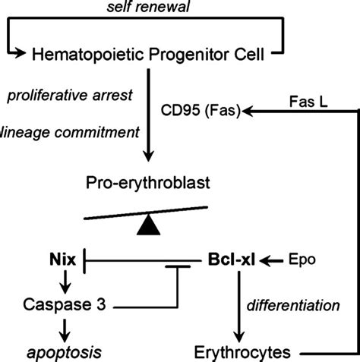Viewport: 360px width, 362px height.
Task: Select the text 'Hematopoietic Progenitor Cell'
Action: (x=152, y=53)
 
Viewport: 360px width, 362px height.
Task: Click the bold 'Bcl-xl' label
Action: (x=231, y=261)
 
